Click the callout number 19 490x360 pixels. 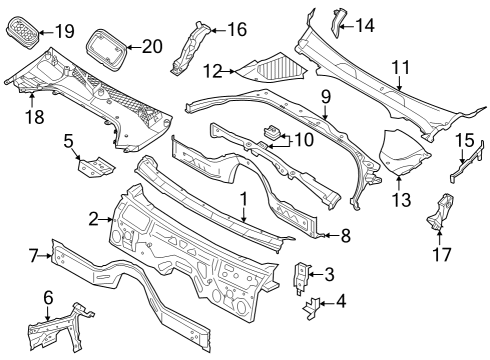tap(65, 31)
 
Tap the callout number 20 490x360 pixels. tap(151, 45)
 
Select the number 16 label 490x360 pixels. tap(236, 30)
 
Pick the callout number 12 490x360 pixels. tap(211, 71)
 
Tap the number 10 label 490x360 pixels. tap(302, 139)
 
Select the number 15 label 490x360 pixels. tap(464, 140)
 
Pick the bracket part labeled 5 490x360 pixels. tap(93, 167)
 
